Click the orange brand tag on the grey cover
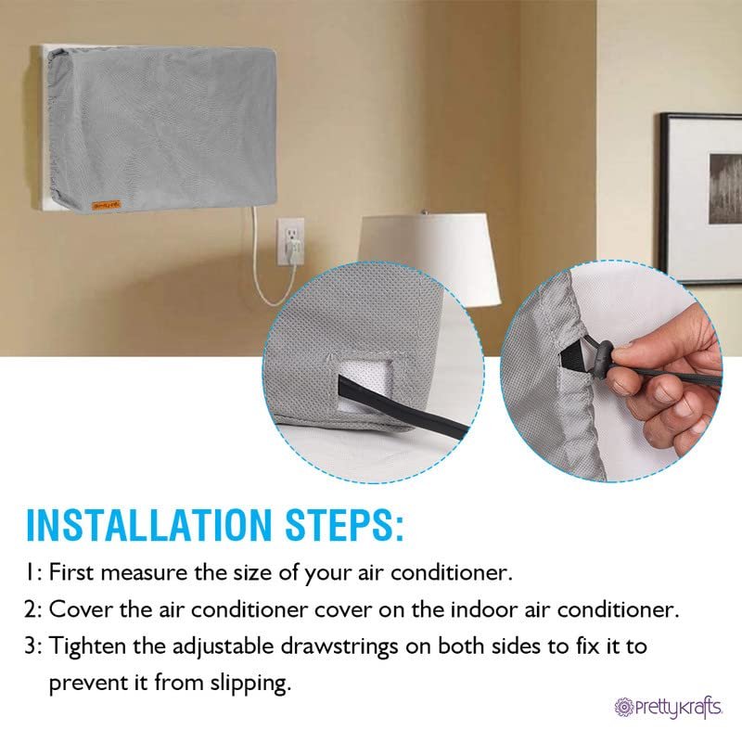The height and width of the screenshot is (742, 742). click(107, 205)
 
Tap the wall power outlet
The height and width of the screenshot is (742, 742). click(290, 240)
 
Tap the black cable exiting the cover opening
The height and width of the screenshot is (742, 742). click(403, 403)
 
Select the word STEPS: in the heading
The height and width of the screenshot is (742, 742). click(345, 524)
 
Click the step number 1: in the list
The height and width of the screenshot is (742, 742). click(34, 572)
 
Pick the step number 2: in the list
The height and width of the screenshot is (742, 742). click(34, 609)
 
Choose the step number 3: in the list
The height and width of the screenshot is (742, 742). click(34, 646)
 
